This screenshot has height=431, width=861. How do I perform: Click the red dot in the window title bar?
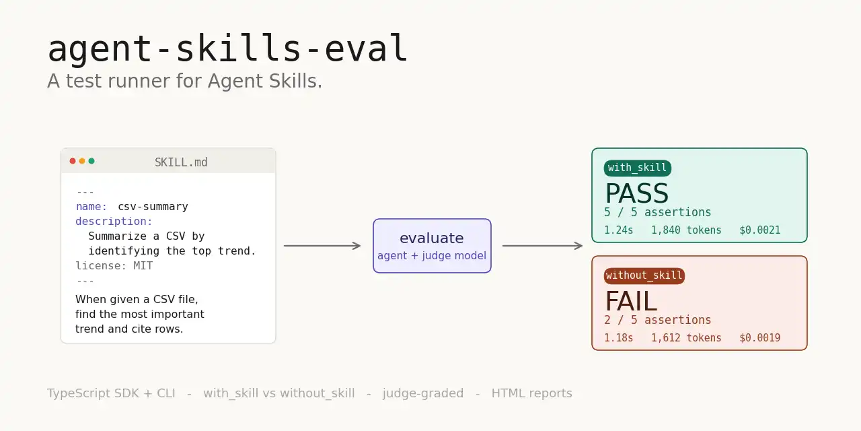pyautogui.click(x=73, y=161)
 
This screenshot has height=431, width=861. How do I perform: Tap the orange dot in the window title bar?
pyautogui.click(x=82, y=161)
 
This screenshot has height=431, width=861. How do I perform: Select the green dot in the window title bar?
pyautogui.click(x=91, y=161)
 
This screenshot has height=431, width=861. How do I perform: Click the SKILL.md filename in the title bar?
pyautogui.click(x=181, y=162)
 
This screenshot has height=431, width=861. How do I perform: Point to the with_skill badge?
pyautogui.click(x=637, y=168)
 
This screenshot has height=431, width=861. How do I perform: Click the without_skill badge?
pyautogui.click(x=644, y=276)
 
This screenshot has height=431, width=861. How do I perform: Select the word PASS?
pyautogui.click(x=637, y=193)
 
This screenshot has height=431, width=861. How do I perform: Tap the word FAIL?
pyautogui.click(x=631, y=301)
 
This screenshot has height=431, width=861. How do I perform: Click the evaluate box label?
pyautogui.click(x=432, y=238)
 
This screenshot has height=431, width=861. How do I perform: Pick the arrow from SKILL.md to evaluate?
pyautogui.click(x=322, y=246)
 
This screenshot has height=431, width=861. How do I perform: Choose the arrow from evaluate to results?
pyautogui.click(x=542, y=246)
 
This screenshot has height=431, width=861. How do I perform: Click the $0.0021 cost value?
pyautogui.click(x=760, y=230)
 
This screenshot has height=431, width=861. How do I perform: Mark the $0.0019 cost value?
pyautogui.click(x=760, y=338)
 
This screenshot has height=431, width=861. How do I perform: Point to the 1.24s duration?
pyautogui.click(x=618, y=230)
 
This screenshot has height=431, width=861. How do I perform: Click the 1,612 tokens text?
pyautogui.click(x=686, y=338)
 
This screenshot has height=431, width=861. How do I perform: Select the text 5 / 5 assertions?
pyautogui.click(x=657, y=212)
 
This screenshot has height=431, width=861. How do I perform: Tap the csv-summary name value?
pyautogui.click(x=153, y=207)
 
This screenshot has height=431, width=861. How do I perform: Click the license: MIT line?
pyautogui.click(x=114, y=266)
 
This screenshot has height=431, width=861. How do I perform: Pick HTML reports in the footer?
pyautogui.click(x=532, y=393)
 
